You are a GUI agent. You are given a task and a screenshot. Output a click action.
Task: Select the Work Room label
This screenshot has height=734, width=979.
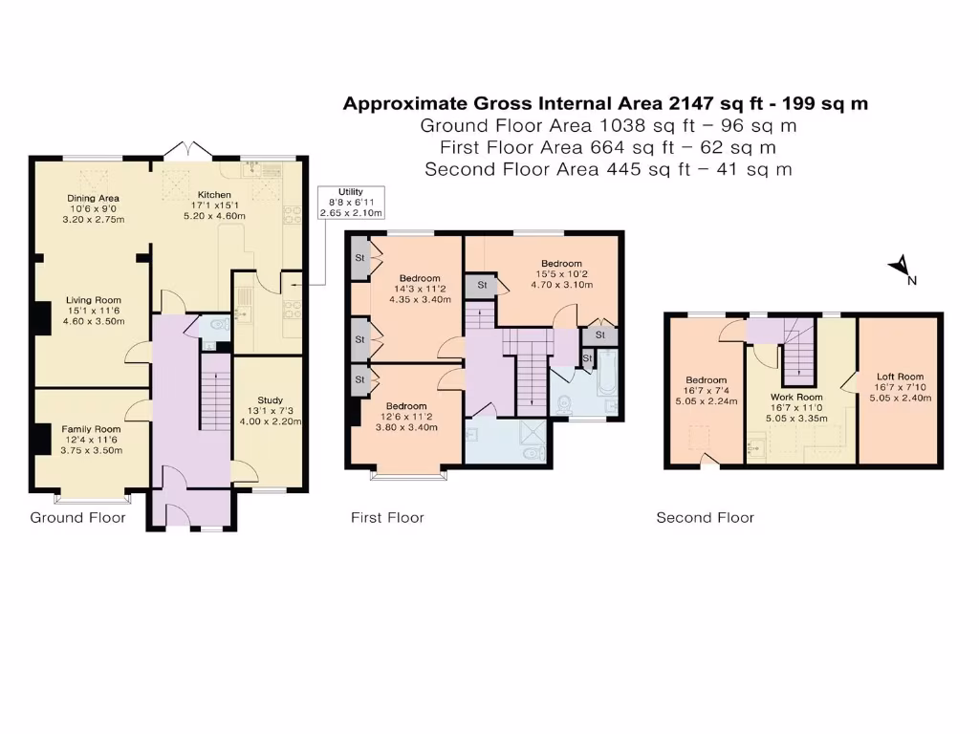796,406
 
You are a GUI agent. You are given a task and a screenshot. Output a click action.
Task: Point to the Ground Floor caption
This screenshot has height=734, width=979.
78,518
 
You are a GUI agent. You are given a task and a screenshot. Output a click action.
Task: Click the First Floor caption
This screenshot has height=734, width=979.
387,518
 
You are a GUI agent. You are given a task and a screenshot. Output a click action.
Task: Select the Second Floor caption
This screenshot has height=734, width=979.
705,518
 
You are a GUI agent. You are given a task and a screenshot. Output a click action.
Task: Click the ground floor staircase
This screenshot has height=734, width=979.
215,392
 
